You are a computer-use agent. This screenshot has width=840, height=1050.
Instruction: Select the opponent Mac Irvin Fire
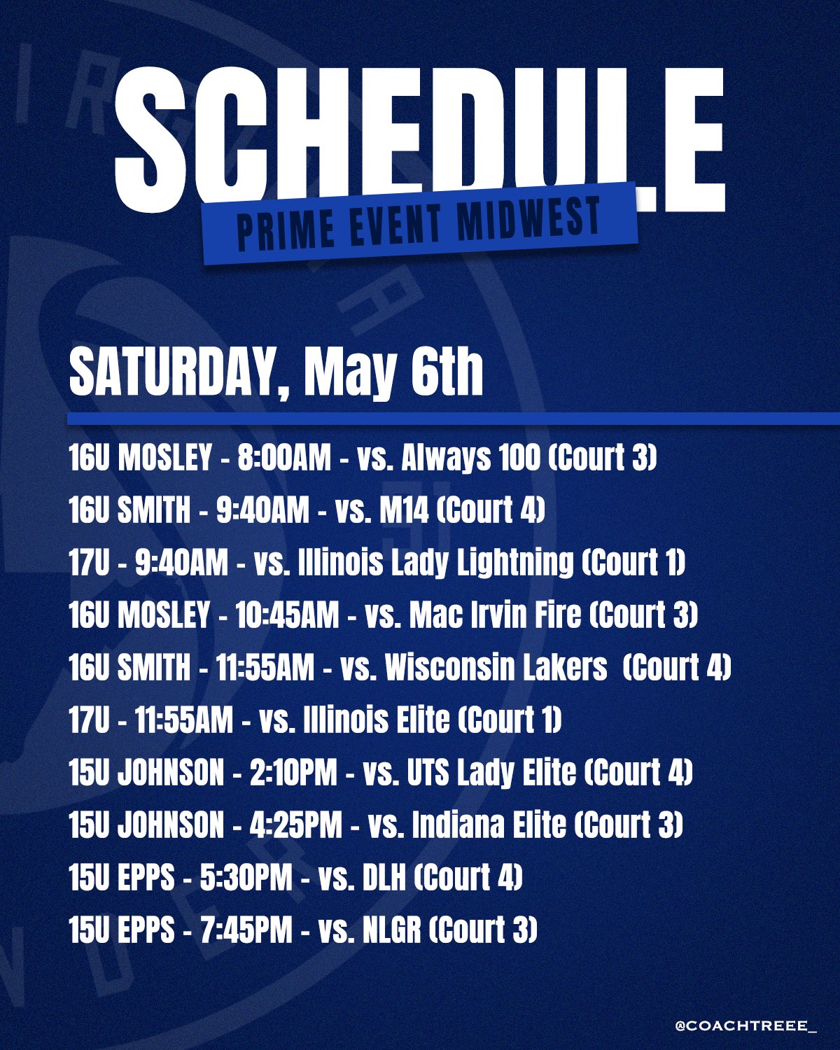coord(495,615)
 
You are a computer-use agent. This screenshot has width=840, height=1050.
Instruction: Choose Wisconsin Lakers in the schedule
coord(496,668)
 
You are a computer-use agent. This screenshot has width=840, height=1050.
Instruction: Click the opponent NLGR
coord(388,930)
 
